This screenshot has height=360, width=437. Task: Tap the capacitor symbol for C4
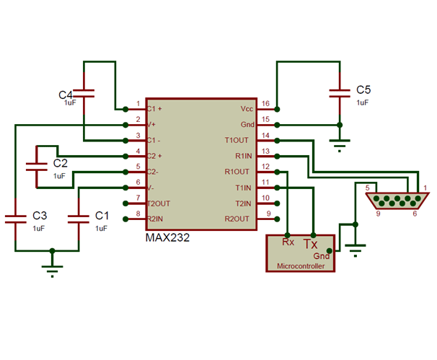coord(85,93)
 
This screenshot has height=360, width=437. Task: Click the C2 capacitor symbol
coord(36,165)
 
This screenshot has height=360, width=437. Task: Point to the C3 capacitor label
coord(40,215)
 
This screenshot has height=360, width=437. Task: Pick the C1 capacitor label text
coord(102,215)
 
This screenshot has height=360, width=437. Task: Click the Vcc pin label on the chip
coord(247,108)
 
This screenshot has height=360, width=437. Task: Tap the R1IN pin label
coord(241,156)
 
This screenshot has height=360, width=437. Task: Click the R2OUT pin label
coord(239,219)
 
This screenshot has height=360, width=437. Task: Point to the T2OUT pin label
coord(159,203)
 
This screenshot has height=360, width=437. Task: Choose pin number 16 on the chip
coord(265,104)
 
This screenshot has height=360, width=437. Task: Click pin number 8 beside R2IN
coord(138,214)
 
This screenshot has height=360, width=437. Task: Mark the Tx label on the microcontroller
coord(311,243)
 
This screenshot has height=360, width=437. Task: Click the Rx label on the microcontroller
coord(288,242)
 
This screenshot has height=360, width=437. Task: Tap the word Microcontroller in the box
coord(301,266)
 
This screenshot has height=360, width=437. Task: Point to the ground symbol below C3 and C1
coord(51,270)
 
